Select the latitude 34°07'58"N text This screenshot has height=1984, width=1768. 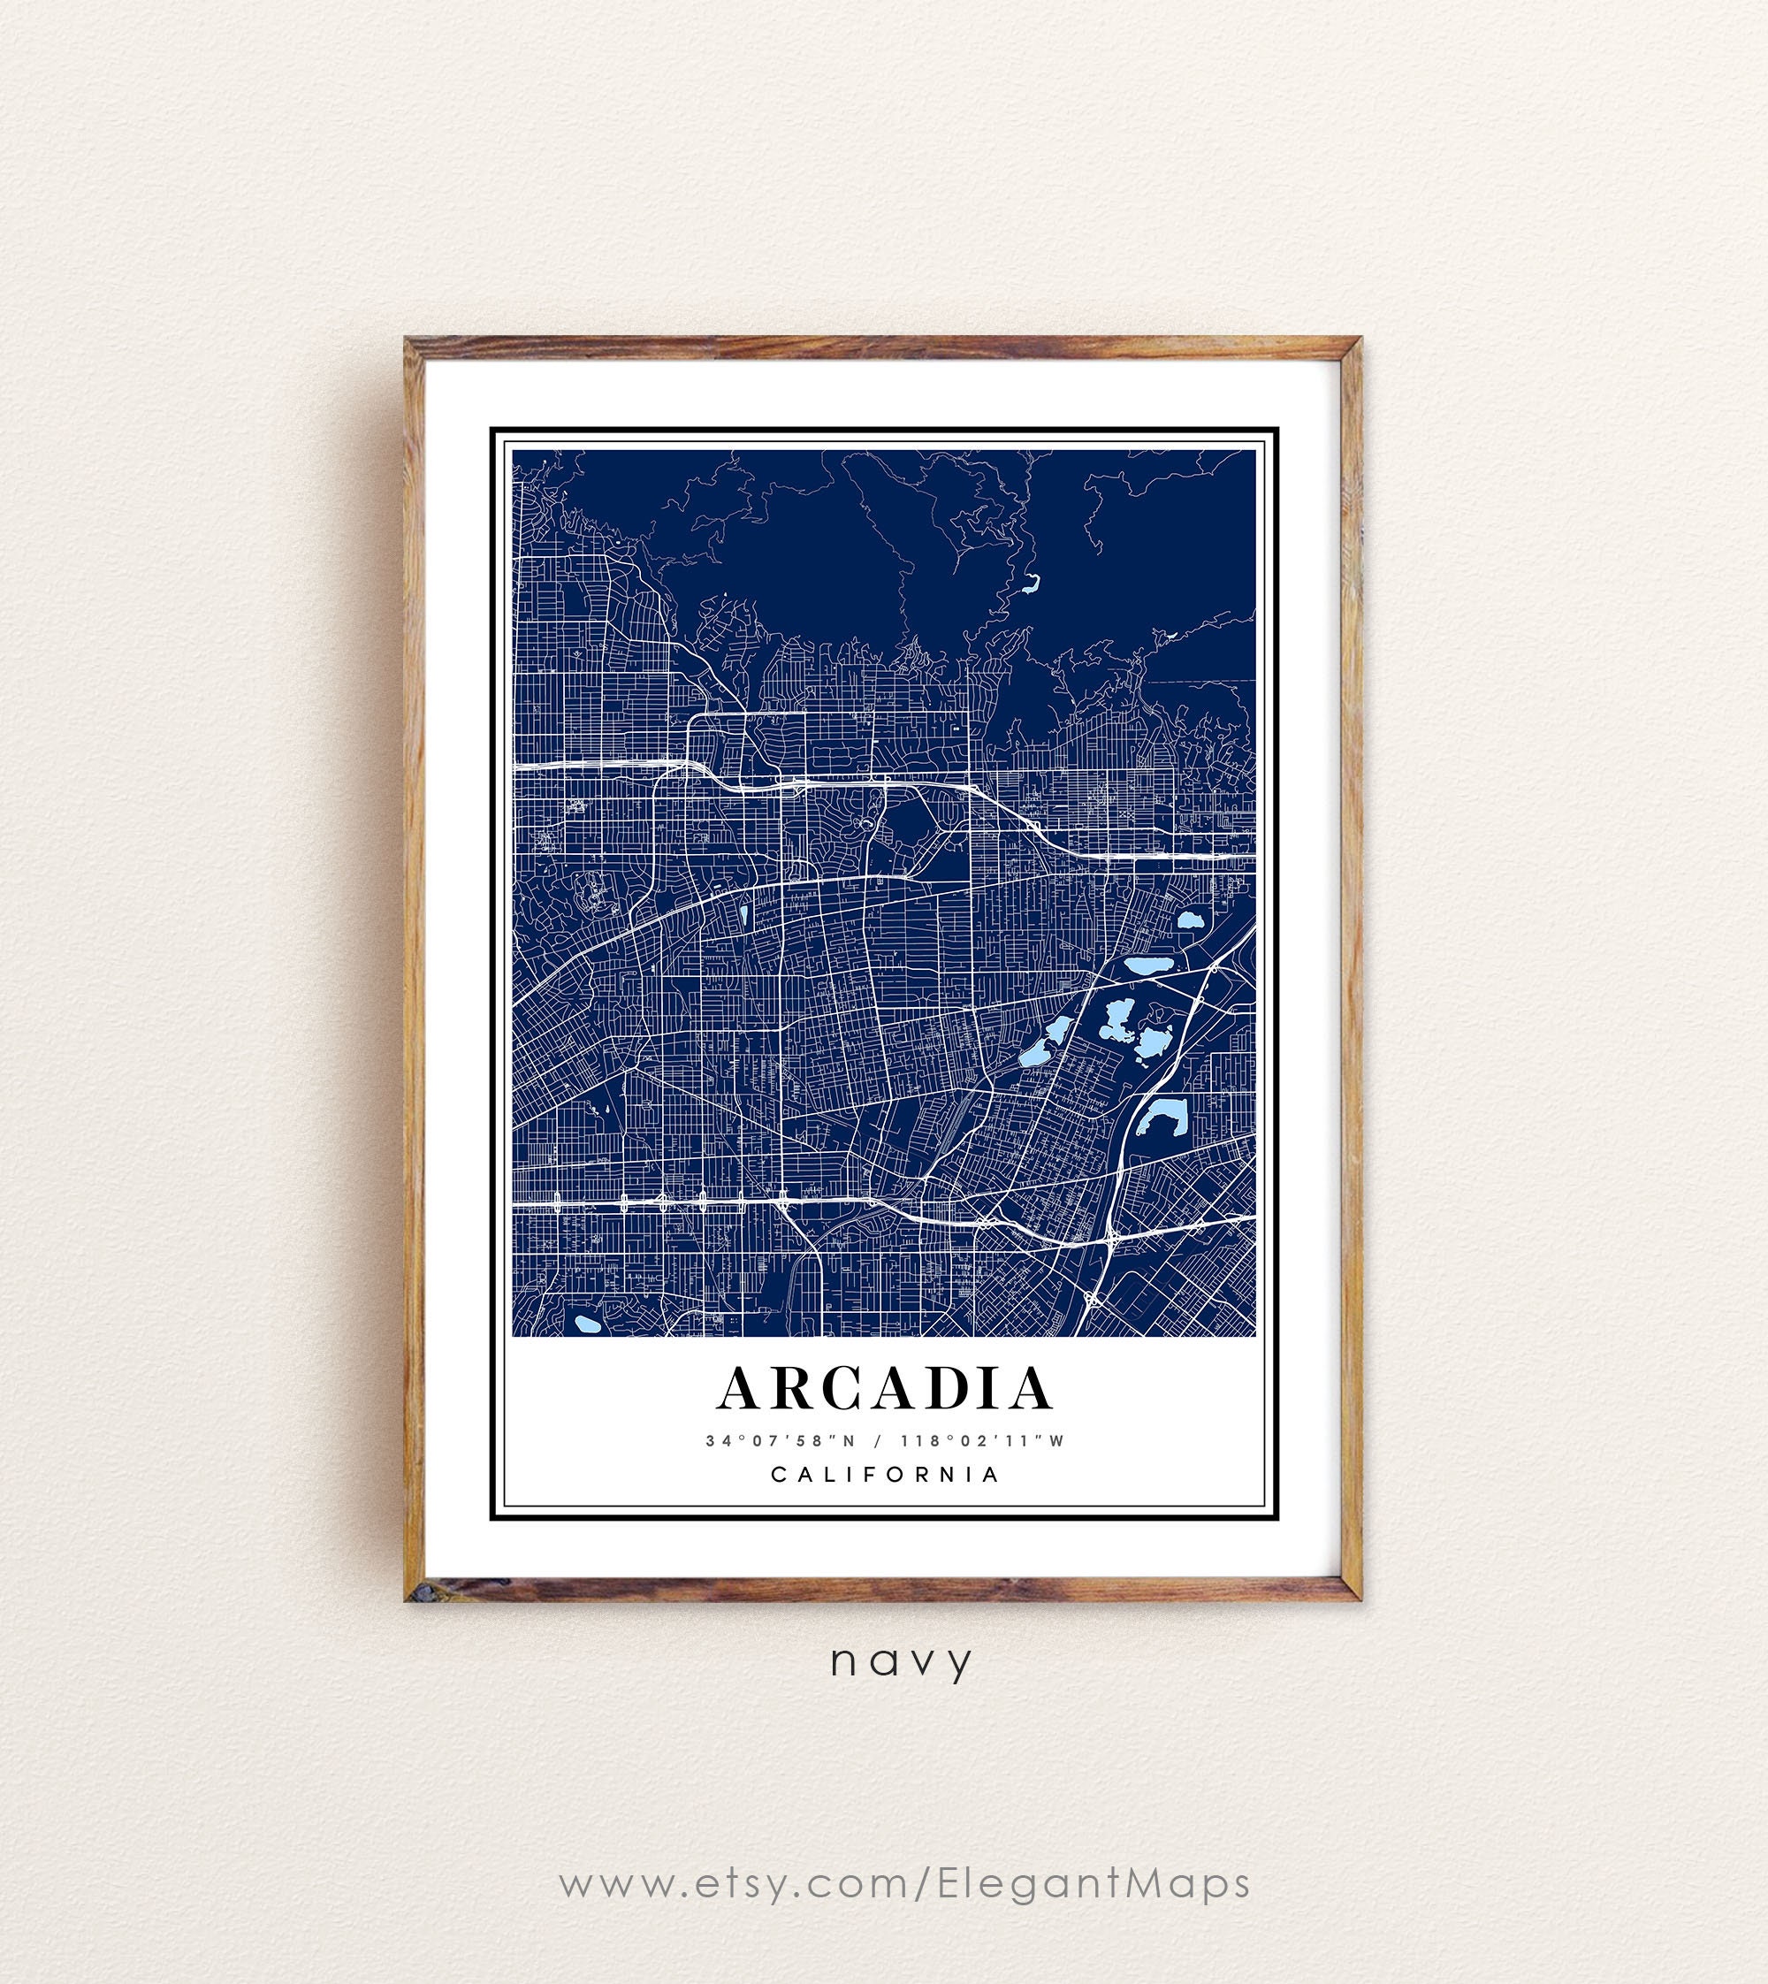tap(774, 1441)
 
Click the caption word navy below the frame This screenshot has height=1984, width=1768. tap(901, 1660)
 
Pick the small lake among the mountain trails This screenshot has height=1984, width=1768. tap(1030, 584)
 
